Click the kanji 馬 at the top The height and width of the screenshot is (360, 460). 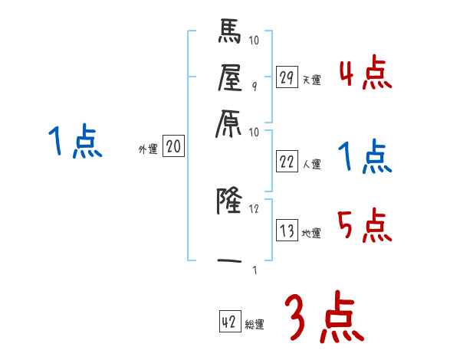pyautogui.click(x=231, y=34)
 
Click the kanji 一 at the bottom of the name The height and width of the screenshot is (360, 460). pyautogui.click(x=231, y=261)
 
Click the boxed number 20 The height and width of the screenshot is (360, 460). pyautogui.click(x=173, y=147)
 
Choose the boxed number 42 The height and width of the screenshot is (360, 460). pyautogui.click(x=228, y=322)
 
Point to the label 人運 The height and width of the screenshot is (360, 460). pyautogui.click(x=311, y=163)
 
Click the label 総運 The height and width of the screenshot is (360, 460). pyautogui.click(x=254, y=324)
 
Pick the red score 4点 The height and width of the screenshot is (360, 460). pyautogui.click(x=365, y=76)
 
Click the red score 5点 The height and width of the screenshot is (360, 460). pyautogui.click(x=365, y=226)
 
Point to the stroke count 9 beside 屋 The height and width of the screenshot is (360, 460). pyautogui.click(x=255, y=87)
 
